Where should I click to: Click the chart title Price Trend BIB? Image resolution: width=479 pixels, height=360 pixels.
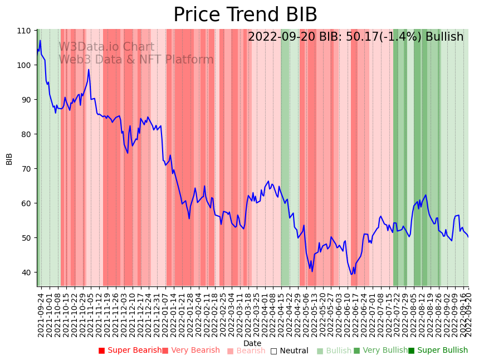coord(245,15)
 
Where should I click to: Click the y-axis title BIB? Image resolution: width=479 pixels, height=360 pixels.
coord(9,158)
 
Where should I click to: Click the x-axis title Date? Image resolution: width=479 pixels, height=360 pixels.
coord(252,343)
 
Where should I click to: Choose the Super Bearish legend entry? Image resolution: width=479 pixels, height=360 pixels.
coord(130,351)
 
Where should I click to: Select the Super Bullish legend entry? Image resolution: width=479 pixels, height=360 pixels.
coord(438,351)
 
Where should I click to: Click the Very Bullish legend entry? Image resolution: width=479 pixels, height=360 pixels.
coord(380,351)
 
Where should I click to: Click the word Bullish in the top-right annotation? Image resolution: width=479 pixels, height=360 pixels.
coord(444,37)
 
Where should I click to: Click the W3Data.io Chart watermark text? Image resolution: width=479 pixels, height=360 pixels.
coord(106,47)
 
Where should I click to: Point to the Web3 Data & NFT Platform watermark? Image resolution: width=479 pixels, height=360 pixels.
coord(136,60)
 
